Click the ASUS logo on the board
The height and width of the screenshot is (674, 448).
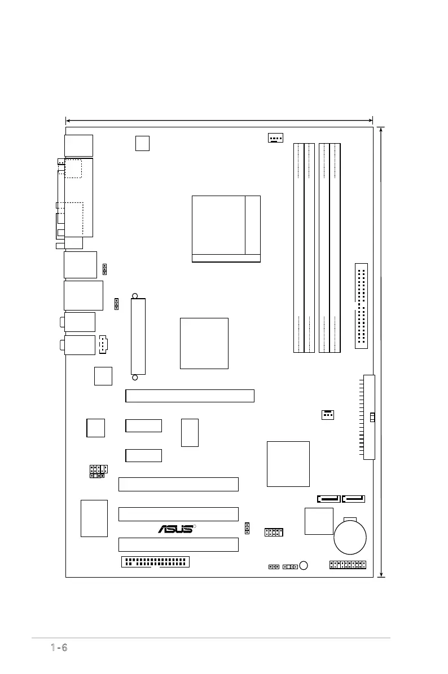[x=176, y=529]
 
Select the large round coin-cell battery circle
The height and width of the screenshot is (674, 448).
[x=350, y=538]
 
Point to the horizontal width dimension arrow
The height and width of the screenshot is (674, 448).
[x=219, y=120]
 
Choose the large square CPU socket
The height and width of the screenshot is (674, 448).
[x=226, y=229]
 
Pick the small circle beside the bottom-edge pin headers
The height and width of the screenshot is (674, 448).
[x=304, y=565]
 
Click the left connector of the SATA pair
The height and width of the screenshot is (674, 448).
[x=329, y=498]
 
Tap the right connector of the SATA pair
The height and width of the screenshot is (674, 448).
[x=354, y=498]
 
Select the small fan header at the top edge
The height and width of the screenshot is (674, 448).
[x=275, y=138]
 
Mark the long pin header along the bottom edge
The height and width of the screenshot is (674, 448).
[x=155, y=562]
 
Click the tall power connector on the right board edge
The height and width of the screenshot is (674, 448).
[x=369, y=417]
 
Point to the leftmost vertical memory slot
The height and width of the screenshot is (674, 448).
[x=299, y=248]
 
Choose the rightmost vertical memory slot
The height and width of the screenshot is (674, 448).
[x=335, y=248]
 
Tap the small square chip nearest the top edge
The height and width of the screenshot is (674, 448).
[x=143, y=143]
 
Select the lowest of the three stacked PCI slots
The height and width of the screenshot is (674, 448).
[x=178, y=544]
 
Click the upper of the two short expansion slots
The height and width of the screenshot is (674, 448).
[x=143, y=425]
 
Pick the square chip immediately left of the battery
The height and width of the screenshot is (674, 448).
[x=318, y=521]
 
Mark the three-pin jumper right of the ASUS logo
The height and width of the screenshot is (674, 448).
[x=247, y=528]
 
